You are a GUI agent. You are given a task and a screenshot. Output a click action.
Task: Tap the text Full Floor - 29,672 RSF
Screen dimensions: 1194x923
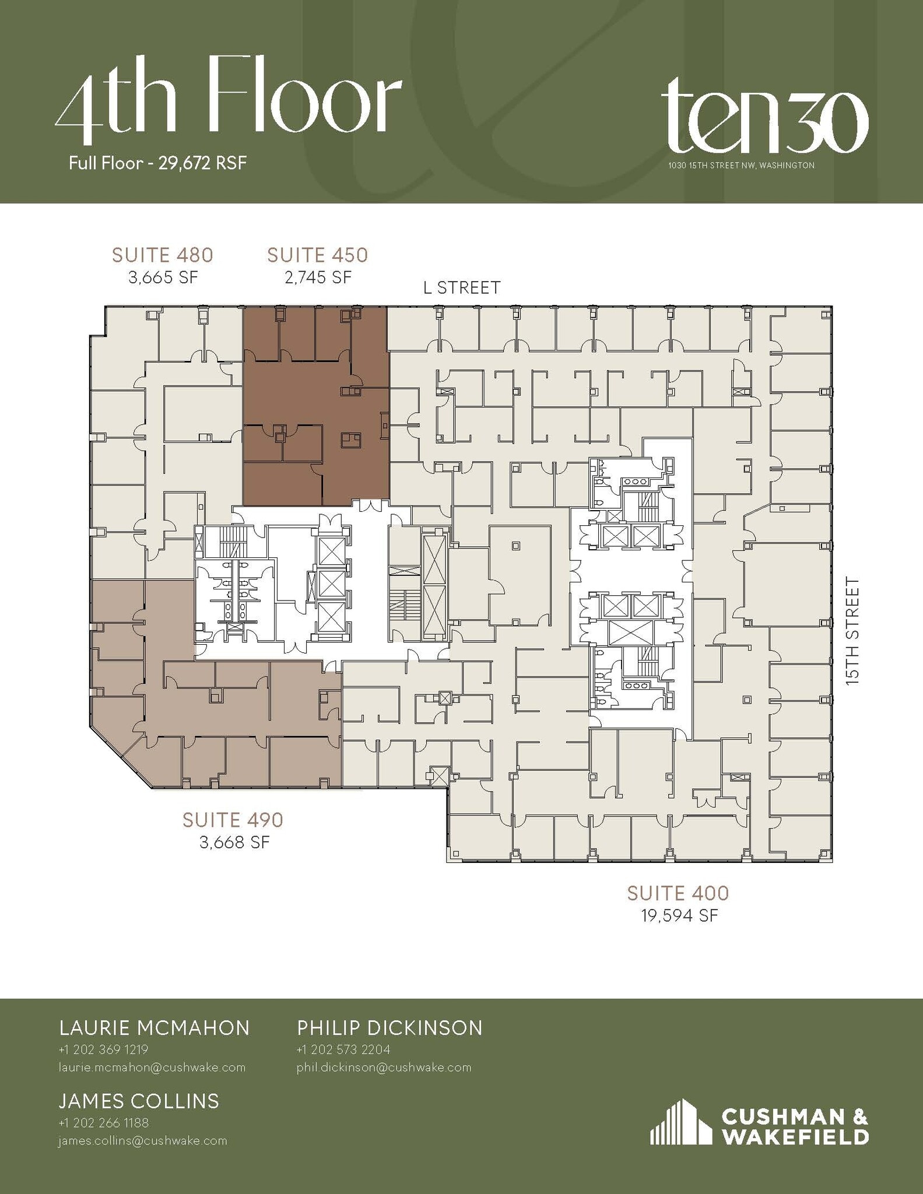click(x=157, y=163)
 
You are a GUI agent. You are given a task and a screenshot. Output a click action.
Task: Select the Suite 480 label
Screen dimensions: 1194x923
click(x=163, y=255)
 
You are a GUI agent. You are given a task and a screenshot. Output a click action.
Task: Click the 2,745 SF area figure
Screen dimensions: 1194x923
click(x=318, y=278)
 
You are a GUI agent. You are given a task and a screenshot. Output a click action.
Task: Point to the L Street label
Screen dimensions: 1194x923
click(x=462, y=288)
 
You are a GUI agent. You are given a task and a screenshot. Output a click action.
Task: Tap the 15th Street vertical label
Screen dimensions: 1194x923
click(x=852, y=630)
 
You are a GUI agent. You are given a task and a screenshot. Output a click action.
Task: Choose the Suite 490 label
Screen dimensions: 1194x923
click(x=233, y=820)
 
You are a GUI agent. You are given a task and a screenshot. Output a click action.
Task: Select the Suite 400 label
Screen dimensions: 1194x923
click(x=678, y=893)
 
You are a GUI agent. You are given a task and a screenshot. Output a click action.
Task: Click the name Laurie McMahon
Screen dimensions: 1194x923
click(x=155, y=1028)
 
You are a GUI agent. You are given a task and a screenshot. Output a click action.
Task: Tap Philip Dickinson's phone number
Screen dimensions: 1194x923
click(x=343, y=1050)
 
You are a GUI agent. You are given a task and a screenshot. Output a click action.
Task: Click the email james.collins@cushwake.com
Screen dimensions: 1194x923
click(x=142, y=1141)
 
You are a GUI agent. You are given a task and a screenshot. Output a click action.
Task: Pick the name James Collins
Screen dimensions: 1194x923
click(x=139, y=1101)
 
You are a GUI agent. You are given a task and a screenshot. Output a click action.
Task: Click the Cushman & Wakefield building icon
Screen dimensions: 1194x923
click(x=680, y=1122)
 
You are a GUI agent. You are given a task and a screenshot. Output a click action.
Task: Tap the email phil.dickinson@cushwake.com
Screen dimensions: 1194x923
click(x=384, y=1067)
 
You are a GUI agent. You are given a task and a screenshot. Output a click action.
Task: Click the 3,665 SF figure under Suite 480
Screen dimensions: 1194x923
click(x=163, y=278)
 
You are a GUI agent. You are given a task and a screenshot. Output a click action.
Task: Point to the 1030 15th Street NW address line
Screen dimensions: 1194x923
click(x=742, y=166)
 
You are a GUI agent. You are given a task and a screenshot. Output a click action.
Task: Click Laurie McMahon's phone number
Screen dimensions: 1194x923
click(x=103, y=1050)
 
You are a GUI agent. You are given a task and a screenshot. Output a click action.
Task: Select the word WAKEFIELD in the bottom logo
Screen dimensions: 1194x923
click(x=796, y=1136)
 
